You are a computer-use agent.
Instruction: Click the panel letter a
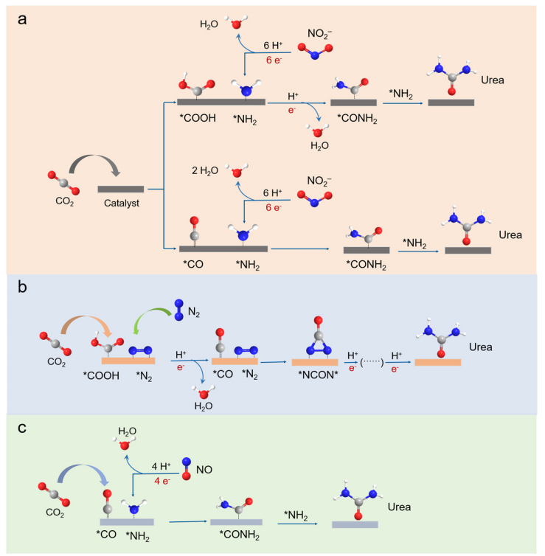pyautogui.click(x=22, y=20)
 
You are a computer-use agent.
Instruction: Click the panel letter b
pyautogui.click(x=23, y=287)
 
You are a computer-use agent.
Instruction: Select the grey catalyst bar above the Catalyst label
pyautogui.click(x=121, y=189)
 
